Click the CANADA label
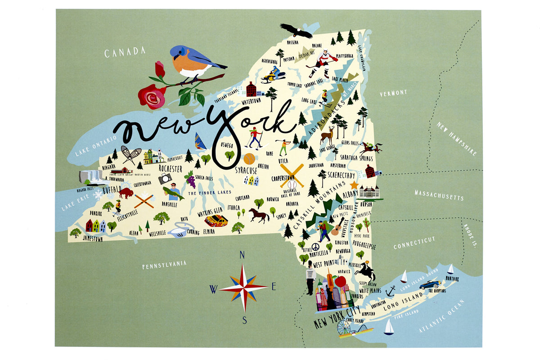point(125,52)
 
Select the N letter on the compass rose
point(242,255)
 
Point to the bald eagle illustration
point(296,31)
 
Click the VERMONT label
point(393,93)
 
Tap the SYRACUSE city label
point(246,171)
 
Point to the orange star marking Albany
point(354,185)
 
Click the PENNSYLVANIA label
point(164,265)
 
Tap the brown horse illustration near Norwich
point(259,215)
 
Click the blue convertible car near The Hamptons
point(430,284)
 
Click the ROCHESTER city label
point(171,168)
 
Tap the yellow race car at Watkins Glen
point(216,220)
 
